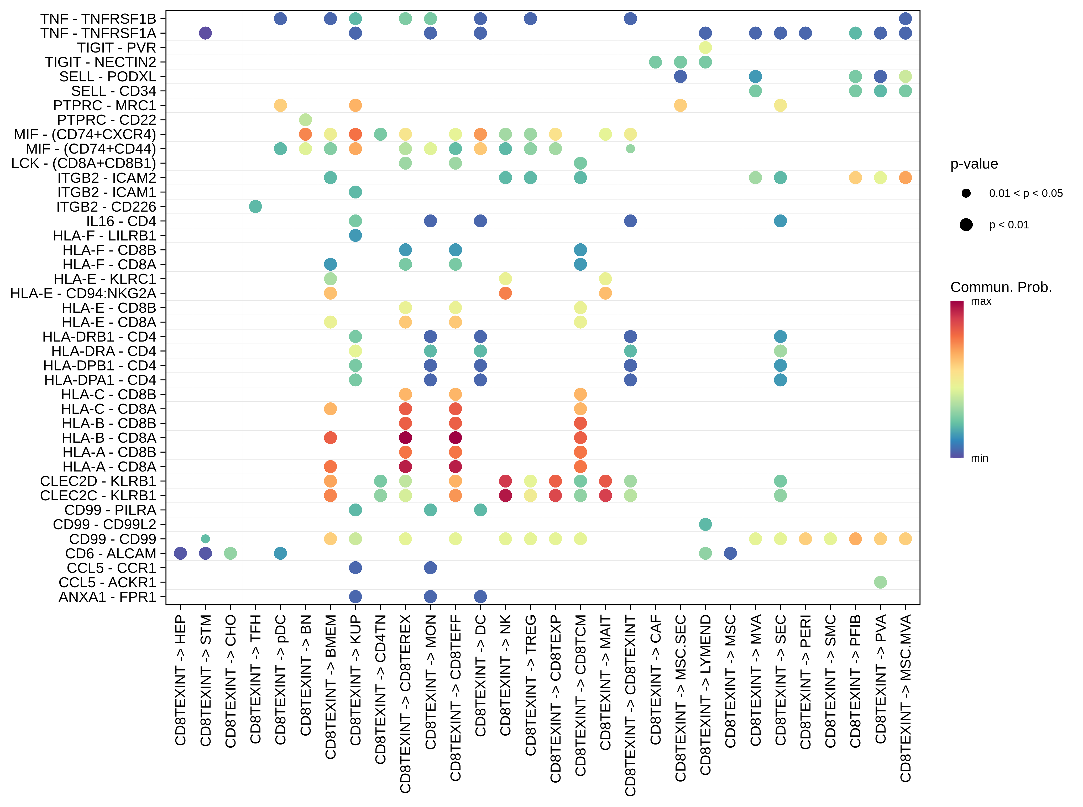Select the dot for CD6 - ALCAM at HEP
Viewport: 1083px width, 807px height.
click(x=181, y=553)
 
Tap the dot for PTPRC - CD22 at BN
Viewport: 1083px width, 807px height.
click(x=305, y=120)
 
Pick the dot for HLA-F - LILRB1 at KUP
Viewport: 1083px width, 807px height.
click(x=356, y=235)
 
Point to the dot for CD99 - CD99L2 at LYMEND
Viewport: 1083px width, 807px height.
click(x=705, y=525)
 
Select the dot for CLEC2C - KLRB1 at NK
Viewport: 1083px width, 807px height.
click(x=506, y=495)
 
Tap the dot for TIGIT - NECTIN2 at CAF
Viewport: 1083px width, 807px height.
click(x=655, y=62)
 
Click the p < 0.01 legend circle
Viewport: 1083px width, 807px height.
click(x=966, y=225)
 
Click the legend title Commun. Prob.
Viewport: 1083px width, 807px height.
click(x=1001, y=287)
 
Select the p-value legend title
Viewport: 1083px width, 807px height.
click(x=974, y=164)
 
